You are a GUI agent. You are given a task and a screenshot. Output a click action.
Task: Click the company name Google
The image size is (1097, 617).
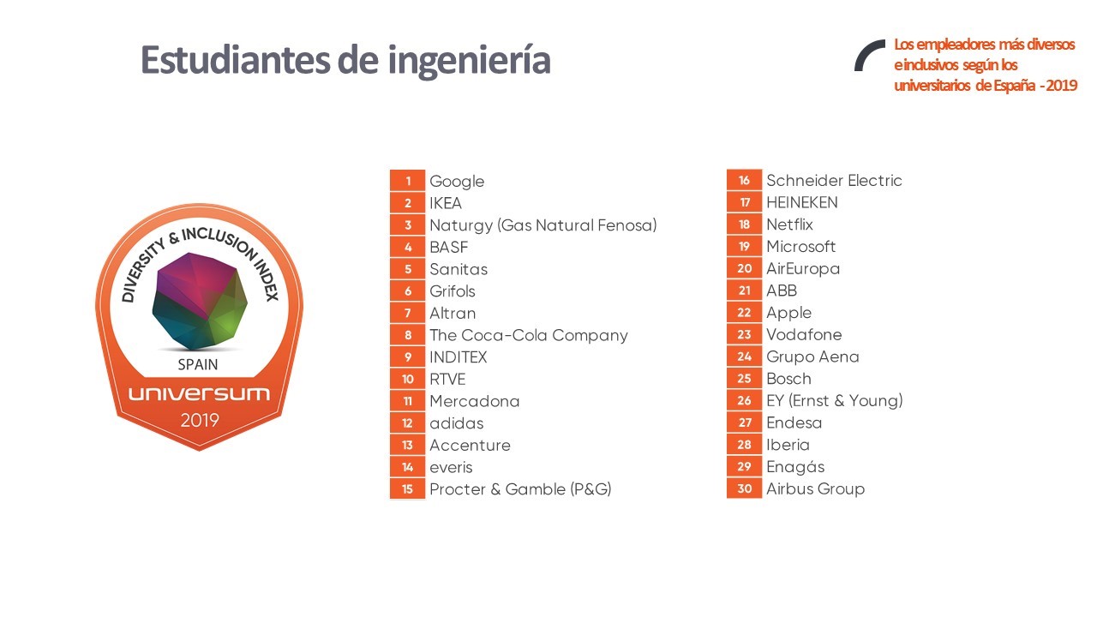pos(457,182)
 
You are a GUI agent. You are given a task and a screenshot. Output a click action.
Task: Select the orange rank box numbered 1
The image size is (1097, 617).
pos(408,181)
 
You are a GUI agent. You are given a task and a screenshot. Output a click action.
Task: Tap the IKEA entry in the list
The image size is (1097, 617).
pos(446,203)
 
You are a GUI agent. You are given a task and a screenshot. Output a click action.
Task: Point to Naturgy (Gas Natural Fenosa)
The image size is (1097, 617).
pos(543,225)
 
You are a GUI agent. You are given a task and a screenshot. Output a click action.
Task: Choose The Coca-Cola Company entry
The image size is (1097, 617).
pos(528,335)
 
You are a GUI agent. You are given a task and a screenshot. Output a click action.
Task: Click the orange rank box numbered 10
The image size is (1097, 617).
pos(408,380)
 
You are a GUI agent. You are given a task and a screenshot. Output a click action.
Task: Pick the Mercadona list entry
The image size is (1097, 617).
pos(474,401)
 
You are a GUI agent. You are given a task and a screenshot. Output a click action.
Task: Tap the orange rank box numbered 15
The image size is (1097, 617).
pos(408,489)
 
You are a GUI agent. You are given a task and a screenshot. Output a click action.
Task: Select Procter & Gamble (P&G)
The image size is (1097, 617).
pos(520,489)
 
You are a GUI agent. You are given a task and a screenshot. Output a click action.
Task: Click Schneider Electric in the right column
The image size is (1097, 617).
pos(834,181)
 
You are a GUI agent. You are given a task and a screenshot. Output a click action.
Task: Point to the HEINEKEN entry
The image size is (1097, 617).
pos(802,203)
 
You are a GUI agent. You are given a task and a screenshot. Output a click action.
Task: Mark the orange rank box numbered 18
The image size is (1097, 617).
pos(744,225)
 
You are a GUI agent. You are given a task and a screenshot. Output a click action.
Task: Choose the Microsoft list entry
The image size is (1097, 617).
pos(800,247)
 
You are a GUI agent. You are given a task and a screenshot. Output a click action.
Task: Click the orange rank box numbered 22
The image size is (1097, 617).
pos(744,313)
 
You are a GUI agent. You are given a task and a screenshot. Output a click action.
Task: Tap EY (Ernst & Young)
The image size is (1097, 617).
pos(834,400)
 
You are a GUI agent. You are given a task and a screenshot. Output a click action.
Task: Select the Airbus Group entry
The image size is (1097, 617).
pos(815,488)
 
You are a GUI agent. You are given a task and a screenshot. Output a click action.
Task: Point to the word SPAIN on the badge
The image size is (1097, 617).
pos(198,364)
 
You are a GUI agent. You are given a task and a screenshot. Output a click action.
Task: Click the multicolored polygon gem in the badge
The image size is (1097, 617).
pos(199,301)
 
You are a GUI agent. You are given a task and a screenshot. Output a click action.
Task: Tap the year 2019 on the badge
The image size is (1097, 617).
pos(199,421)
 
